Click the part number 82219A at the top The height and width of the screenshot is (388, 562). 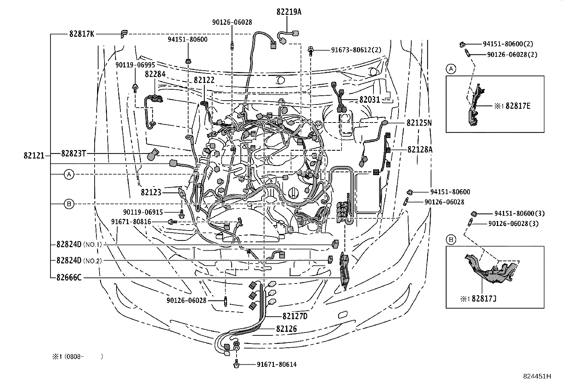(289, 12)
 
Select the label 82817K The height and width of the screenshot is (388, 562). (82, 34)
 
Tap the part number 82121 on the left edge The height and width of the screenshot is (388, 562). (34, 156)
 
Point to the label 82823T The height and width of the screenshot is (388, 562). (73, 153)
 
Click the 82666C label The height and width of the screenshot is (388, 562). (69, 277)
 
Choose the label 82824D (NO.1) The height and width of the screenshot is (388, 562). (79, 244)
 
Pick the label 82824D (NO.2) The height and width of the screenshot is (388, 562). (79, 261)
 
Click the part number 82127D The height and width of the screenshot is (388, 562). (295, 316)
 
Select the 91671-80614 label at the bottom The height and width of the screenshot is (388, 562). (277, 364)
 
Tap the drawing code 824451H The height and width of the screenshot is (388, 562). (537, 376)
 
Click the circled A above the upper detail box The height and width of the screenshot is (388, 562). (451, 69)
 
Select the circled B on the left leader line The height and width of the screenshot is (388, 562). (69, 204)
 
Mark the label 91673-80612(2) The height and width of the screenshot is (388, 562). (356, 50)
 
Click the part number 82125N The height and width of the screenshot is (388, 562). (419, 123)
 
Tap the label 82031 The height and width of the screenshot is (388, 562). (370, 100)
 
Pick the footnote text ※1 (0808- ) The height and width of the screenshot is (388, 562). (78, 356)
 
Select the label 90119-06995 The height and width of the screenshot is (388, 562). (135, 65)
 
